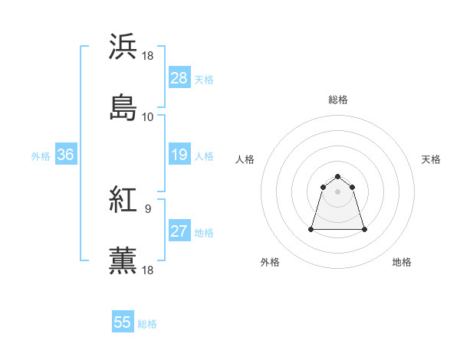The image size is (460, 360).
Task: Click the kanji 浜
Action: point(123,47)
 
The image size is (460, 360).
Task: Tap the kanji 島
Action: point(123,107)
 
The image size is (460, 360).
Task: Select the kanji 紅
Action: point(123,200)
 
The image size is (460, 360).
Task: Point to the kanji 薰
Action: point(123,260)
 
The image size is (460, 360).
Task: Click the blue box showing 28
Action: point(179,78)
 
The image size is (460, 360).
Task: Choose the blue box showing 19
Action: point(179,155)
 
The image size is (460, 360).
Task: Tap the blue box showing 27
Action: point(179,231)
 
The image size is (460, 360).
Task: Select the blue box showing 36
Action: point(65,155)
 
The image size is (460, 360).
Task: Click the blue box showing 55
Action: point(123,322)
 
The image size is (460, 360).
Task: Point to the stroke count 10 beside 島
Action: point(147,116)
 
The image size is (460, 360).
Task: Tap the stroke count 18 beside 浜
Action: point(148,56)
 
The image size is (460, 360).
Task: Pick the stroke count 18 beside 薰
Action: point(148,270)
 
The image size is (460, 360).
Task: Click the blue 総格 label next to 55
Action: point(147,324)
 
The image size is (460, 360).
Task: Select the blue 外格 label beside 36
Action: point(41,155)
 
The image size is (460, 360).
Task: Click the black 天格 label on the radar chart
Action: point(432,159)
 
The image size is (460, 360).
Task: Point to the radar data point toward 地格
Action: point(364,229)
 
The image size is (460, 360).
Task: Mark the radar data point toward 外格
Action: point(312,228)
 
